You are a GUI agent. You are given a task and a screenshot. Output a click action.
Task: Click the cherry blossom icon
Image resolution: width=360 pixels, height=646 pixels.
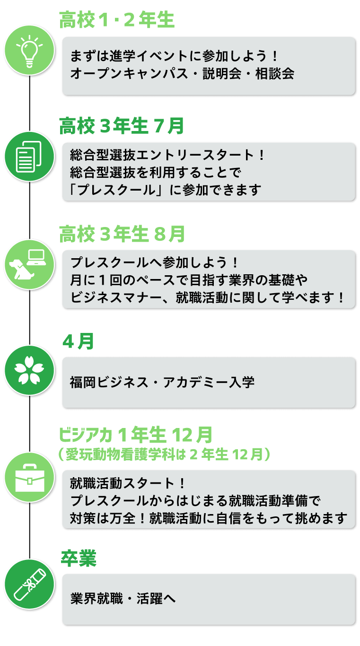[x=29, y=370]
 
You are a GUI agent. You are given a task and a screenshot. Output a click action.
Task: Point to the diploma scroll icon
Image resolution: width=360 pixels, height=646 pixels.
[x=29, y=584]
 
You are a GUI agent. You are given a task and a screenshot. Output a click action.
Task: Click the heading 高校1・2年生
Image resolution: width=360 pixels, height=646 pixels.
[x=117, y=20]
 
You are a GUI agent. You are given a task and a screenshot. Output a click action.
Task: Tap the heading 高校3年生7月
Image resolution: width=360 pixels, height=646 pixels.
[x=122, y=126]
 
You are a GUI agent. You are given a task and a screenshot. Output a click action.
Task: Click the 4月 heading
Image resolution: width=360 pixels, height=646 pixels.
[x=79, y=341]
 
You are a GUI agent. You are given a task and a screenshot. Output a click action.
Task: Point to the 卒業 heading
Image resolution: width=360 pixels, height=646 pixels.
[x=79, y=559]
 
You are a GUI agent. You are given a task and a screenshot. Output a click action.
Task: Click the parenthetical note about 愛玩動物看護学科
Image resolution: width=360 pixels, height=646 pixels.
[x=165, y=454]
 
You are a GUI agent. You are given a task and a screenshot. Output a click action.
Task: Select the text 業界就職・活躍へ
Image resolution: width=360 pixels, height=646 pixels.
[x=123, y=598]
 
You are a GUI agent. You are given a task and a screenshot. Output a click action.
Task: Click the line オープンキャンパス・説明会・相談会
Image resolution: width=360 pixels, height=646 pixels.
[x=182, y=74]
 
